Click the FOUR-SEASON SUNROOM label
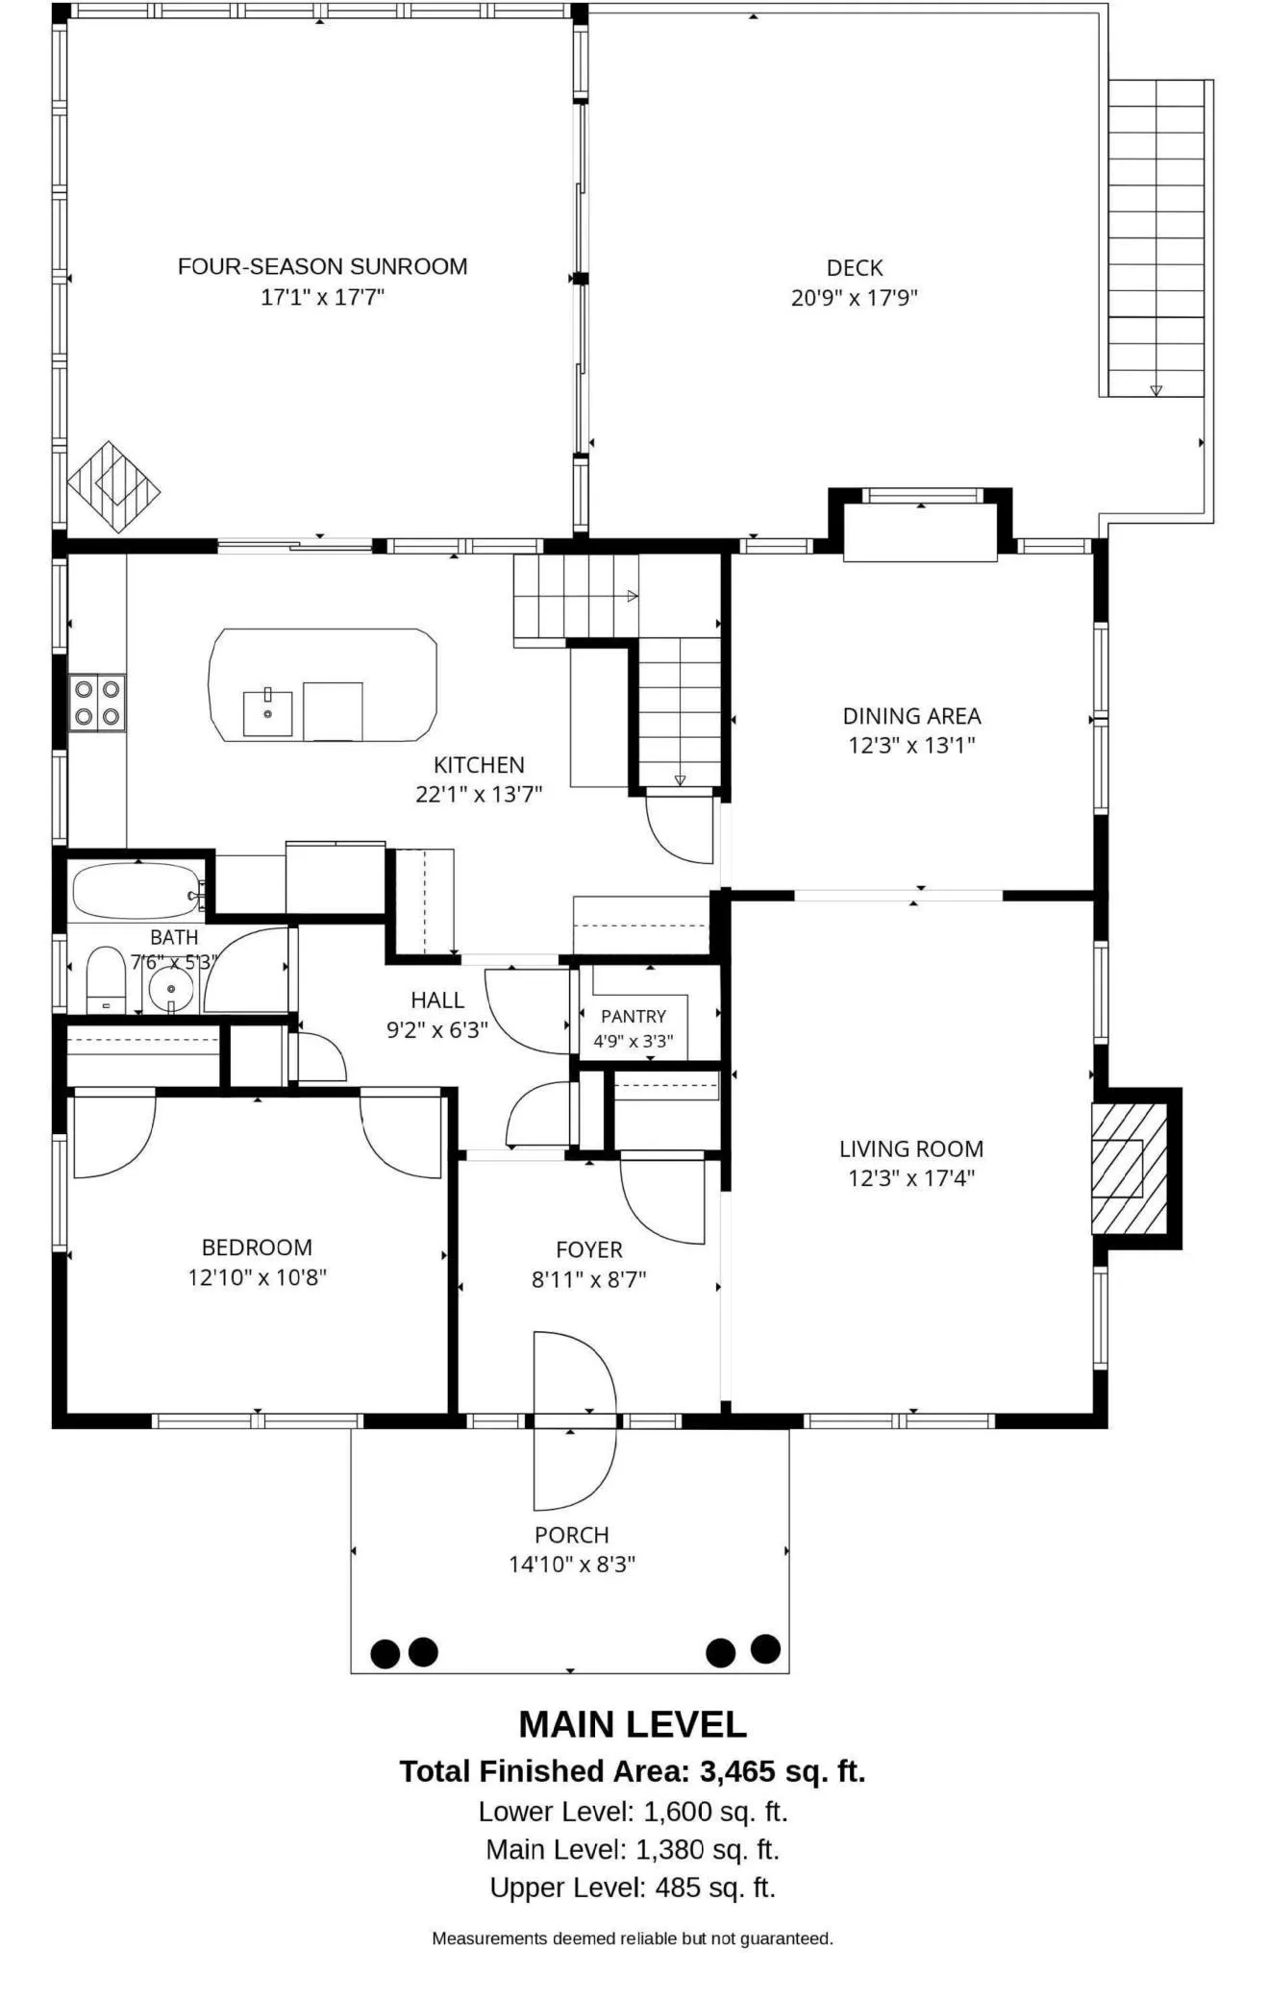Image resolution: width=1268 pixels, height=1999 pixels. (322, 266)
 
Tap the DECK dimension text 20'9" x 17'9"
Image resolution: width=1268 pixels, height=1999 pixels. (854, 297)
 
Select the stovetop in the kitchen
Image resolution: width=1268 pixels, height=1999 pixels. (97, 703)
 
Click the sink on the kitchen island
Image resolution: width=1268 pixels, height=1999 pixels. (267, 712)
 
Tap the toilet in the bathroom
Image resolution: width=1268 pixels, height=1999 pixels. (106, 979)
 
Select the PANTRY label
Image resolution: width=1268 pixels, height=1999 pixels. (634, 1016)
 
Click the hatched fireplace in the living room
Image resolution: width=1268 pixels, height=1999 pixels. (1129, 1168)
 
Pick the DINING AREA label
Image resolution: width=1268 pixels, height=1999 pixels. (911, 716)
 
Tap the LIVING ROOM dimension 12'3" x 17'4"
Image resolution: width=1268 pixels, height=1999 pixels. (911, 1177)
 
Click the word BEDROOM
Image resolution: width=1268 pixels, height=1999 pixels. (257, 1247)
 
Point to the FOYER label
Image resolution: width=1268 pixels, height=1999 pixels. (589, 1249)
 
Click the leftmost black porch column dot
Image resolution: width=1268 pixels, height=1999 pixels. (385, 1653)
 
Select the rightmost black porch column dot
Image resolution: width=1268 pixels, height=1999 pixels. (765, 1648)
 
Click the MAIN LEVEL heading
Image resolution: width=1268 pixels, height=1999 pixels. (633, 1724)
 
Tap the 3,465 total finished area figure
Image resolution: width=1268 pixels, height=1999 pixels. (739, 1771)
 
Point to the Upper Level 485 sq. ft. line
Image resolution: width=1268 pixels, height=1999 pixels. (633, 1887)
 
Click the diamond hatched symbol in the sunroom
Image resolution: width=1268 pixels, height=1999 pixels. (113, 486)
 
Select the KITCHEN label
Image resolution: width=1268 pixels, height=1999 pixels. (479, 765)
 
